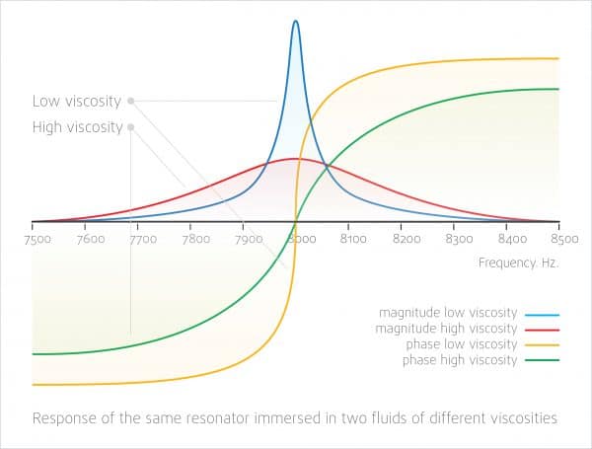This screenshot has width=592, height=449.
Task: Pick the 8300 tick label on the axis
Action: pyautogui.click(x=459, y=238)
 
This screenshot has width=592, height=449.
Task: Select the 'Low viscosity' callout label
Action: pyautogui.click(x=76, y=101)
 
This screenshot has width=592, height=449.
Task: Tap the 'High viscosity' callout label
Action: pyautogui.click(x=77, y=126)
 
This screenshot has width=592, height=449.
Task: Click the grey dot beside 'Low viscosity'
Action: pyautogui.click(x=130, y=101)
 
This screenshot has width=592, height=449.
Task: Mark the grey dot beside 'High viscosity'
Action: pyautogui.click(x=130, y=126)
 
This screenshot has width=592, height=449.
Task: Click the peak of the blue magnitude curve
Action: pyautogui.click(x=295, y=21)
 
